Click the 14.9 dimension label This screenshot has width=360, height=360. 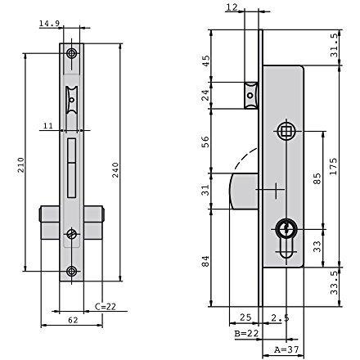point(49,23)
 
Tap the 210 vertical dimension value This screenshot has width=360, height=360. point(21,164)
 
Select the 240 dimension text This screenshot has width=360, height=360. point(115,170)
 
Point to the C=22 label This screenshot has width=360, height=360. point(106,307)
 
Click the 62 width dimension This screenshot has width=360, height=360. point(73,320)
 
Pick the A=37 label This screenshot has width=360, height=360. point(286,349)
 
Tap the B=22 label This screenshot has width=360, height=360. point(246,333)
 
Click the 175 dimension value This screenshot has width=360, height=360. point(333,166)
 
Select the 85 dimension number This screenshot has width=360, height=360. point(317,178)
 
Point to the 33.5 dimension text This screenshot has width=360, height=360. point(334,282)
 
